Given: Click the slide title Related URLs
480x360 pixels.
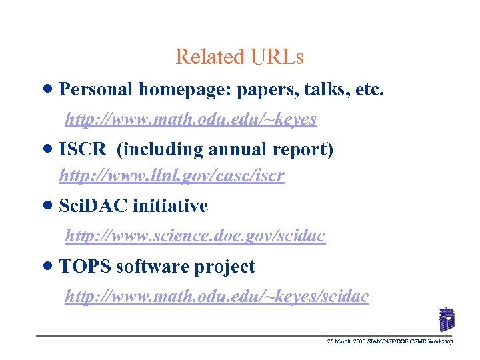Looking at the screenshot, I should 239,57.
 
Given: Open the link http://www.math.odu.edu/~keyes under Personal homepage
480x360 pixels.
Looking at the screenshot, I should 190,119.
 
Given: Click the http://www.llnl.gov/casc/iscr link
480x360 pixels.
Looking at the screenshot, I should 171,176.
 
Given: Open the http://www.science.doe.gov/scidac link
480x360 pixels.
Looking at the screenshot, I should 195,235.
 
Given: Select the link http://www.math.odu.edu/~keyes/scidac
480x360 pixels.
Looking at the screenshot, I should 216,297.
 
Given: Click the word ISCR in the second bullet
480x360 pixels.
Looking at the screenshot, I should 83,150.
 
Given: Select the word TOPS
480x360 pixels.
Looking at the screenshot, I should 85,267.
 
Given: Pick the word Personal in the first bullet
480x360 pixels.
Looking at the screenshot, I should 96,89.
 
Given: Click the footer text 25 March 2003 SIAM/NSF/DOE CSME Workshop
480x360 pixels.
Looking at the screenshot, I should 390,341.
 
